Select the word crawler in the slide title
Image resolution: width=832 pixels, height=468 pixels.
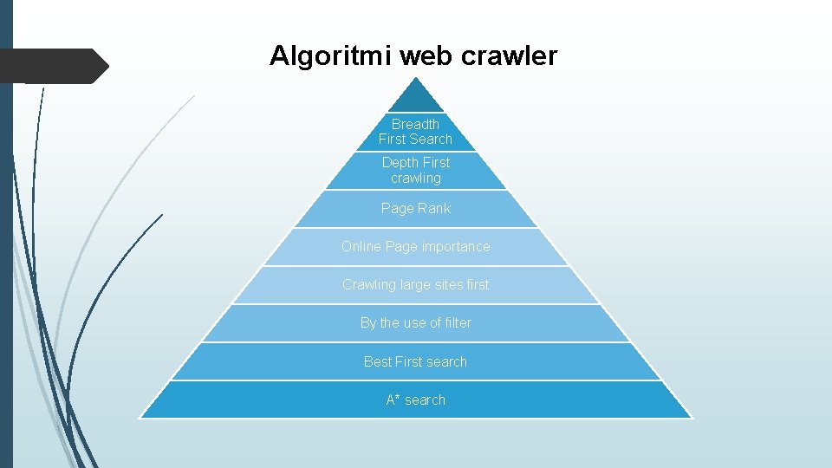(510, 56)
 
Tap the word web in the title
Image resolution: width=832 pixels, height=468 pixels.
(426, 56)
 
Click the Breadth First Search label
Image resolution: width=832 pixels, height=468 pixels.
(416, 132)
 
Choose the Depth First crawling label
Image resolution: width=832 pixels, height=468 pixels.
(416, 170)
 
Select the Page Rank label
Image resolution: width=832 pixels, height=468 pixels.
(416, 208)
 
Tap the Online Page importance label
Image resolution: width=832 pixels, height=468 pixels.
(416, 246)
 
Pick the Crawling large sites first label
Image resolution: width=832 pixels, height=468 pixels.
(416, 284)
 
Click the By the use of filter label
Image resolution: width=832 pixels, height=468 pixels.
(416, 322)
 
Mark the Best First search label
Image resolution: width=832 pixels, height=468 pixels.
(416, 361)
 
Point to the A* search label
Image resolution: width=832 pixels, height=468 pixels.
(416, 400)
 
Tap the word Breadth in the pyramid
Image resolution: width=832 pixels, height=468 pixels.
(416, 124)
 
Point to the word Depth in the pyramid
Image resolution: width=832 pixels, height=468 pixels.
(400, 162)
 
